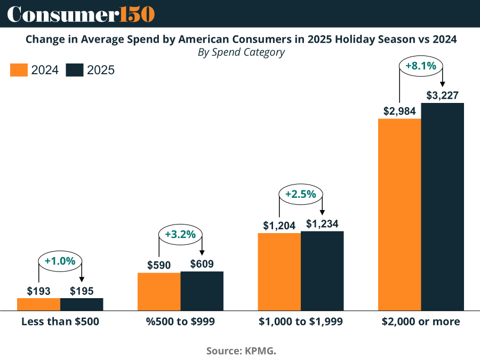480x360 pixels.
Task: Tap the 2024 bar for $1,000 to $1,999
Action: [279, 271]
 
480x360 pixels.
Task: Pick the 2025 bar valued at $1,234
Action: [322, 270]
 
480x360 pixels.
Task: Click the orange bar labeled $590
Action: [159, 291]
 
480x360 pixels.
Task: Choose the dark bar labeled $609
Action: [202, 291]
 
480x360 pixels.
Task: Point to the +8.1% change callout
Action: [421, 67]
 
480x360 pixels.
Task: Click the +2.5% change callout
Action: [301, 195]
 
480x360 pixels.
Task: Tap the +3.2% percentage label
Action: [180, 234]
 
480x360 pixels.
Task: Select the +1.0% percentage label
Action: [60, 261]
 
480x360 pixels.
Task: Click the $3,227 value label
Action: [443, 95]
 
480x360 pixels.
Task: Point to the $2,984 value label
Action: [399, 111]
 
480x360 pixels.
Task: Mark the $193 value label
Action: [38, 291]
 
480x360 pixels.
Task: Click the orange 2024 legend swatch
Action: [19, 70]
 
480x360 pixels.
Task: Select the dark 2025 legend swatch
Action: [75, 70]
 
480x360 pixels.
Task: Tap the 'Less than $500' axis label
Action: [60, 322]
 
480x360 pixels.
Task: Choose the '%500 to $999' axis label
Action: [180, 322]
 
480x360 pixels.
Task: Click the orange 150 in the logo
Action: [137, 14]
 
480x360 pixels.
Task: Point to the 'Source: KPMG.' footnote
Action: [241, 351]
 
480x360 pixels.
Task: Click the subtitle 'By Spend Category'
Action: [241, 52]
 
